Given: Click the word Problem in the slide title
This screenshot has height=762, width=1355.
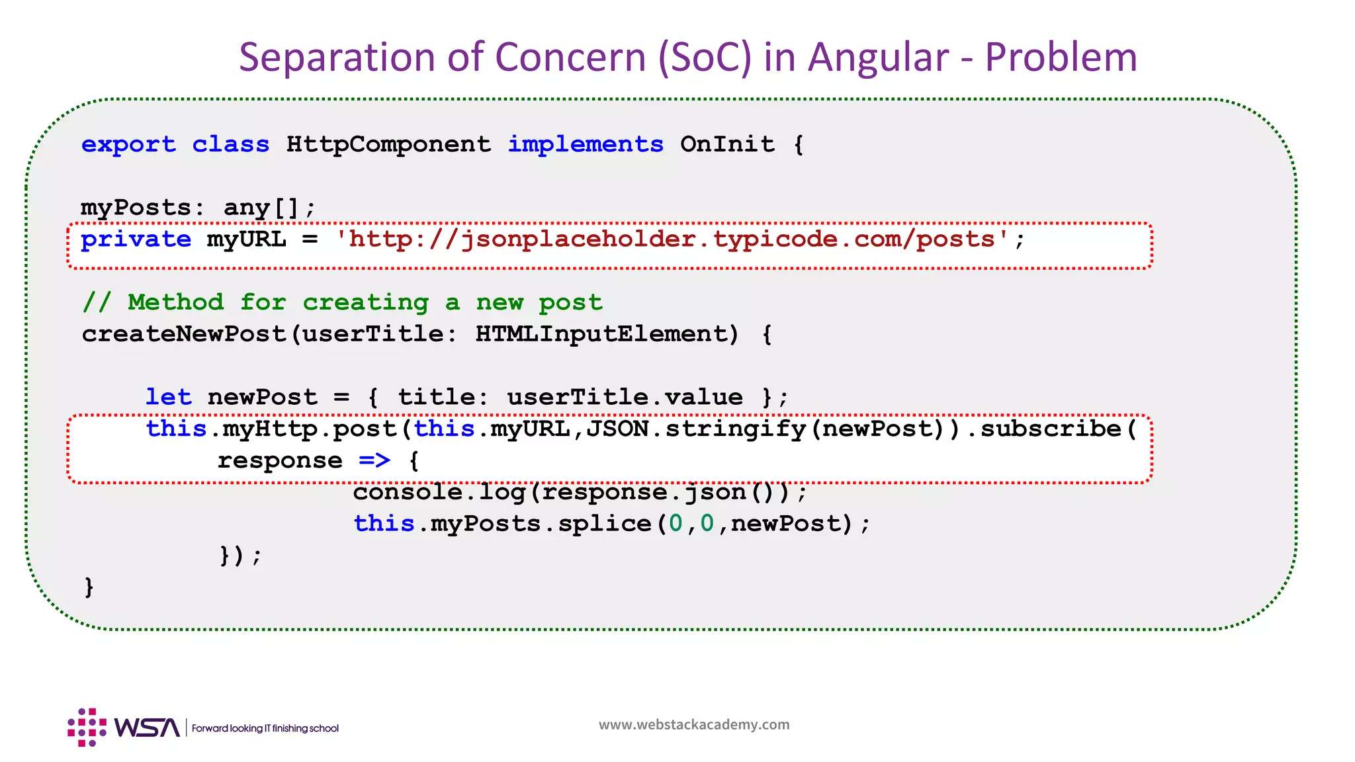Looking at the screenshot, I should click(x=1061, y=57).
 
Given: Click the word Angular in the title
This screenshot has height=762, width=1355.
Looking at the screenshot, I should click(x=878, y=57).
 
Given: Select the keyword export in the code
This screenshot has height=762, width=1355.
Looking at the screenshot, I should click(x=128, y=144).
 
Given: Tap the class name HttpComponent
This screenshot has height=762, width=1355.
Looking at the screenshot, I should click(x=388, y=144).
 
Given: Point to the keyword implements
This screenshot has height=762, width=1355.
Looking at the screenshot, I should click(x=586, y=144).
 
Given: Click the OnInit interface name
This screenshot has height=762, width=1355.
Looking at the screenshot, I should click(x=727, y=144).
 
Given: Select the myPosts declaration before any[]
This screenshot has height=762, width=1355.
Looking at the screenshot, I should click(x=136, y=208).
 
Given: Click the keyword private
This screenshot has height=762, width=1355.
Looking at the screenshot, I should click(x=136, y=239).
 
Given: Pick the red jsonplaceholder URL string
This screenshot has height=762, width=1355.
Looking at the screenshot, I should click(x=672, y=239).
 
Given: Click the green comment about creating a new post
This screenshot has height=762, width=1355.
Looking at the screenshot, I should click(x=342, y=302).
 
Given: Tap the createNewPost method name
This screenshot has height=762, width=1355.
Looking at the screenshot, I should click(x=185, y=334).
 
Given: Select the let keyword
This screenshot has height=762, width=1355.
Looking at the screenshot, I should click(x=168, y=397).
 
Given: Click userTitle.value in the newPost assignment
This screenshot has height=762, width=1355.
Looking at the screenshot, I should click(x=625, y=397).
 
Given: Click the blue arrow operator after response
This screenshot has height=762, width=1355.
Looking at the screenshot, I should click(x=374, y=460).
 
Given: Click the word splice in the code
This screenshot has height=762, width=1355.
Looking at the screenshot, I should click(x=604, y=524).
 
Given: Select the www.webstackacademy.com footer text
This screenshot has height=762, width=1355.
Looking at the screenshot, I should click(x=694, y=724).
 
